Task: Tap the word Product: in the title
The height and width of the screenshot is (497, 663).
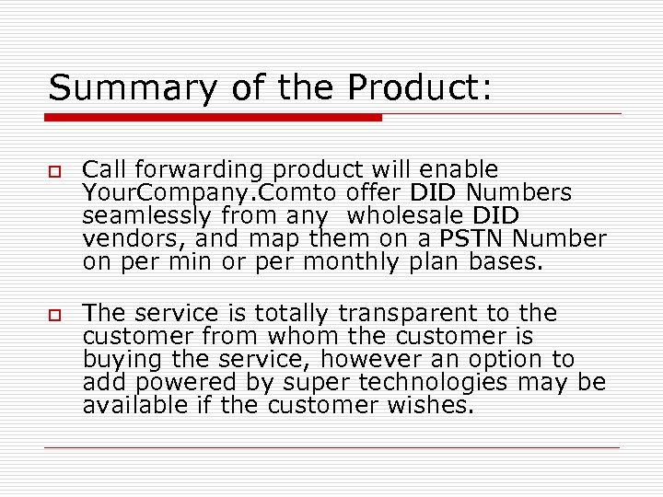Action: click(420, 88)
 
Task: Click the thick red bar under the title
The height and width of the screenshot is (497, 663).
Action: click(214, 118)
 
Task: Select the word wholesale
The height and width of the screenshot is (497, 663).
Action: click(404, 216)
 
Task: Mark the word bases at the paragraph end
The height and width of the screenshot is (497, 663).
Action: click(511, 262)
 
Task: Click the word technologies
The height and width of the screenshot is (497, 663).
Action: click(428, 383)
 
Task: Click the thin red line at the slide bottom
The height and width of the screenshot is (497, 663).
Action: click(331, 448)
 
